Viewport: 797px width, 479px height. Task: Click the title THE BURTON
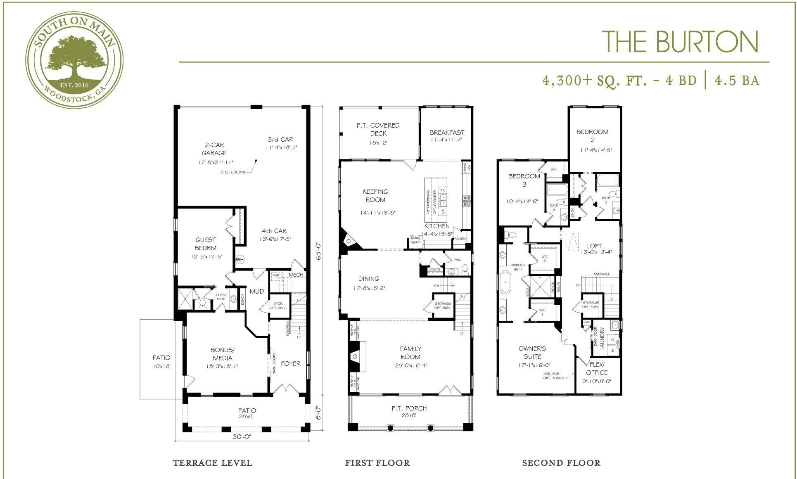tap(680, 42)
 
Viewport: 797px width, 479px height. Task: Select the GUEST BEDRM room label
tap(206, 244)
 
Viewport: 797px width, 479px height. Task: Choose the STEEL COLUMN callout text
tap(233, 172)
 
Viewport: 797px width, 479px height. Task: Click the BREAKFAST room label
tap(446, 133)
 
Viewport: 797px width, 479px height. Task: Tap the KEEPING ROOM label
tap(375, 195)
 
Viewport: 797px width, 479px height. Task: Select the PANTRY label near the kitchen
tap(460, 239)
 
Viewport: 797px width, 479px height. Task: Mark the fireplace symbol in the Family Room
tap(354, 356)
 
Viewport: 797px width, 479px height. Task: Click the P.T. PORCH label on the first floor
tap(409, 408)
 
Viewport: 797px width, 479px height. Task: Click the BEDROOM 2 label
tap(593, 136)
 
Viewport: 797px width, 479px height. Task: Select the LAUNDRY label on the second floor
tap(602, 339)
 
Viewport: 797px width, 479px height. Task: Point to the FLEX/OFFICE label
tap(597, 368)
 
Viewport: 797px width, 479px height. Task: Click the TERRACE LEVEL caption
tap(212, 463)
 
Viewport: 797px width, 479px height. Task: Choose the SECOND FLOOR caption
tap(561, 463)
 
